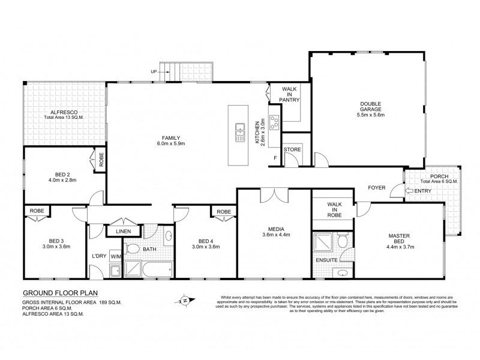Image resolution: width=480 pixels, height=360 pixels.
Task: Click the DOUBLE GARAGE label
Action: [371, 109]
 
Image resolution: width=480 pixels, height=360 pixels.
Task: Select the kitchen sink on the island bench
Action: [240, 131]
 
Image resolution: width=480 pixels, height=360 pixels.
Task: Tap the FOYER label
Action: [376, 188]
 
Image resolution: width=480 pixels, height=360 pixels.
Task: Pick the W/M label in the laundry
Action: [116, 257]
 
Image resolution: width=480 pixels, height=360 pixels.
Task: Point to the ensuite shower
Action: [322, 244]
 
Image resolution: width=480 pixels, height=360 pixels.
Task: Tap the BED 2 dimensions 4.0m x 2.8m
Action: [61, 178]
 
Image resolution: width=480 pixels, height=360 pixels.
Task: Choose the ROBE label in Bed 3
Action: [36, 211]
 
